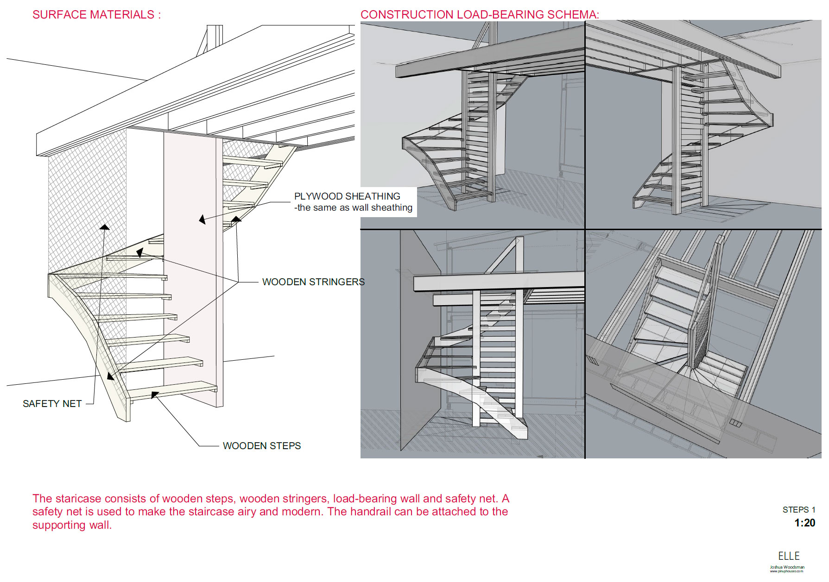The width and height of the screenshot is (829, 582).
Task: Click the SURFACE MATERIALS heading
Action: [x=96, y=15]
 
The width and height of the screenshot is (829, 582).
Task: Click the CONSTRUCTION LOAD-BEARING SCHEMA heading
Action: [x=479, y=15]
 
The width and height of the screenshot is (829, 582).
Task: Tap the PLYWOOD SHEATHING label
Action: [x=347, y=196]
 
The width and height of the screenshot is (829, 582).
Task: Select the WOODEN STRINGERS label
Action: [x=313, y=282]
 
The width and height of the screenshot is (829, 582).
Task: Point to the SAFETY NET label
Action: [x=52, y=404]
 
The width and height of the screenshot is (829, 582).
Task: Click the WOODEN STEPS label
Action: [x=261, y=446]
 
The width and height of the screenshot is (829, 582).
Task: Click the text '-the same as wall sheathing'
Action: [x=353, y=208]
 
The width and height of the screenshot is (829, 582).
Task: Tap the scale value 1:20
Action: [x=804, y=523]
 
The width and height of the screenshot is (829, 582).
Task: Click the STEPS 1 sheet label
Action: [x=798, y=510]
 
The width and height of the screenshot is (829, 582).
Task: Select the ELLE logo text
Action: [x=789, y=556]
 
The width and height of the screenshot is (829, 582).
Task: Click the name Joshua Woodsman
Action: [x=787, y=567]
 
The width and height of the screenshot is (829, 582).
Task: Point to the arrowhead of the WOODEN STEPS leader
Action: [x=155, y=395]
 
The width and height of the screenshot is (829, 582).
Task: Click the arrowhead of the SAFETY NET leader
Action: [x=105, y=227]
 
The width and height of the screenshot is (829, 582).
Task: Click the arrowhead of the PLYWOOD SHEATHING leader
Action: [x=202, y=219]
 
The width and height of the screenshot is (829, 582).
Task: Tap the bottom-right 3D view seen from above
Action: [x=703, y=344]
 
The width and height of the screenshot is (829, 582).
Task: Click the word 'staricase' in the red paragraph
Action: [x=76, y=499]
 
